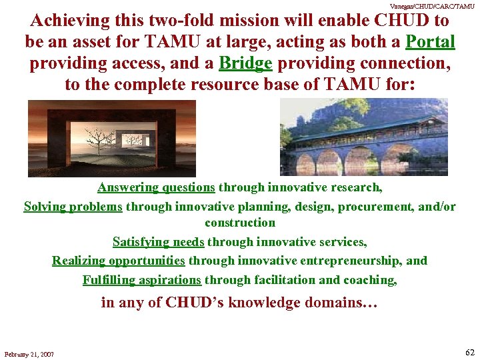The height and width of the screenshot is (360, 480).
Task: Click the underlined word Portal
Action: tap(430, 42)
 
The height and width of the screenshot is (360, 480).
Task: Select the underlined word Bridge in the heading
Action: tap(246, 63)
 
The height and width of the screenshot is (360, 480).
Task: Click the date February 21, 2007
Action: tap(29, 353)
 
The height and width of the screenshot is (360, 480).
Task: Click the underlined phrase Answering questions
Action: tap(156, 187)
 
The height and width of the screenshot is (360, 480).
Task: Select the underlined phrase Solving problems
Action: tap(73, 207)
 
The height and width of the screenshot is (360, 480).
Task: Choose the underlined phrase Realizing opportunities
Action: tap(119, 261)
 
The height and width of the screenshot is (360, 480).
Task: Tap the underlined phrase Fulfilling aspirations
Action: tap(141, 280)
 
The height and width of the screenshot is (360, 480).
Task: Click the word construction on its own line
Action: tap(240, 223)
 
